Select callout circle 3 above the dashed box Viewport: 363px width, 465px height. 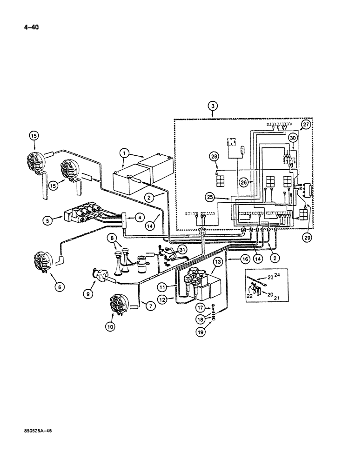pyautogui.click(x=213, y=106)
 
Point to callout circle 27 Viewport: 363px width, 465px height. pyautogui.click(x=305, y=125)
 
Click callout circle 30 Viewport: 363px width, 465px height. pyautogui.click(x=292, y=137)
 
